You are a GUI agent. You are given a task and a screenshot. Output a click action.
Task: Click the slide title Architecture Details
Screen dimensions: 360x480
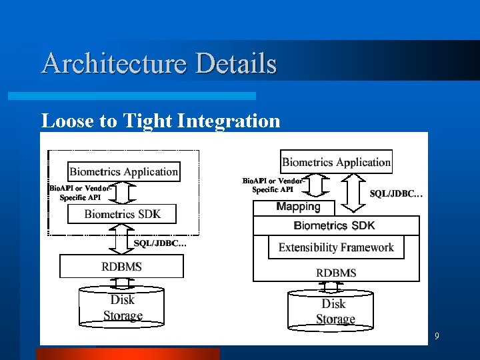pos(159,64)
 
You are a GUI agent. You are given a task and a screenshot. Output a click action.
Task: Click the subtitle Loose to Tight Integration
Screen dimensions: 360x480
pos(161,121)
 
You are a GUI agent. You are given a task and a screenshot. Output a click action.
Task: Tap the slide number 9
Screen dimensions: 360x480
pos(437,337)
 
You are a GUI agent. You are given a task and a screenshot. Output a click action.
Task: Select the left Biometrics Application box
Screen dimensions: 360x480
pos(124,171)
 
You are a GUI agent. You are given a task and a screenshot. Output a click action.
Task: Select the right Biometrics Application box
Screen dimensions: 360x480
pos(336,162)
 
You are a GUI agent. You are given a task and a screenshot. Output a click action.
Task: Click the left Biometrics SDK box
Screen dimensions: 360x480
pos(122,214)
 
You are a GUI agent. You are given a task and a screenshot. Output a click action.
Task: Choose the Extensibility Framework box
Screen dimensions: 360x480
pos(336,247)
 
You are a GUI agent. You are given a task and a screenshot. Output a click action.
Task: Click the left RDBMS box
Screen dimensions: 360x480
pos(121,266)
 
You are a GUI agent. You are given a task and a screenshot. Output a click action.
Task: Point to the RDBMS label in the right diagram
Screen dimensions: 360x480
pos(336,273)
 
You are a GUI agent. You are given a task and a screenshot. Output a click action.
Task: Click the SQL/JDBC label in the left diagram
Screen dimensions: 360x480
pos(160,243)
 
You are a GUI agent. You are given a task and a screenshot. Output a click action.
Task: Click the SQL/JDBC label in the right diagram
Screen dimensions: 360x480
pos(396,194)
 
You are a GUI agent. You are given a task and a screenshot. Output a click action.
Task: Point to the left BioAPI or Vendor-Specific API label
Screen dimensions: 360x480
pos(81,193)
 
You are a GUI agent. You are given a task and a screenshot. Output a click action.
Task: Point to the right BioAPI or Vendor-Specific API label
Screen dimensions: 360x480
pos(273,185)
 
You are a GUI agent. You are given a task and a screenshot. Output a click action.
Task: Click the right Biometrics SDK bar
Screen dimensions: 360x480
pos(336,225)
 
